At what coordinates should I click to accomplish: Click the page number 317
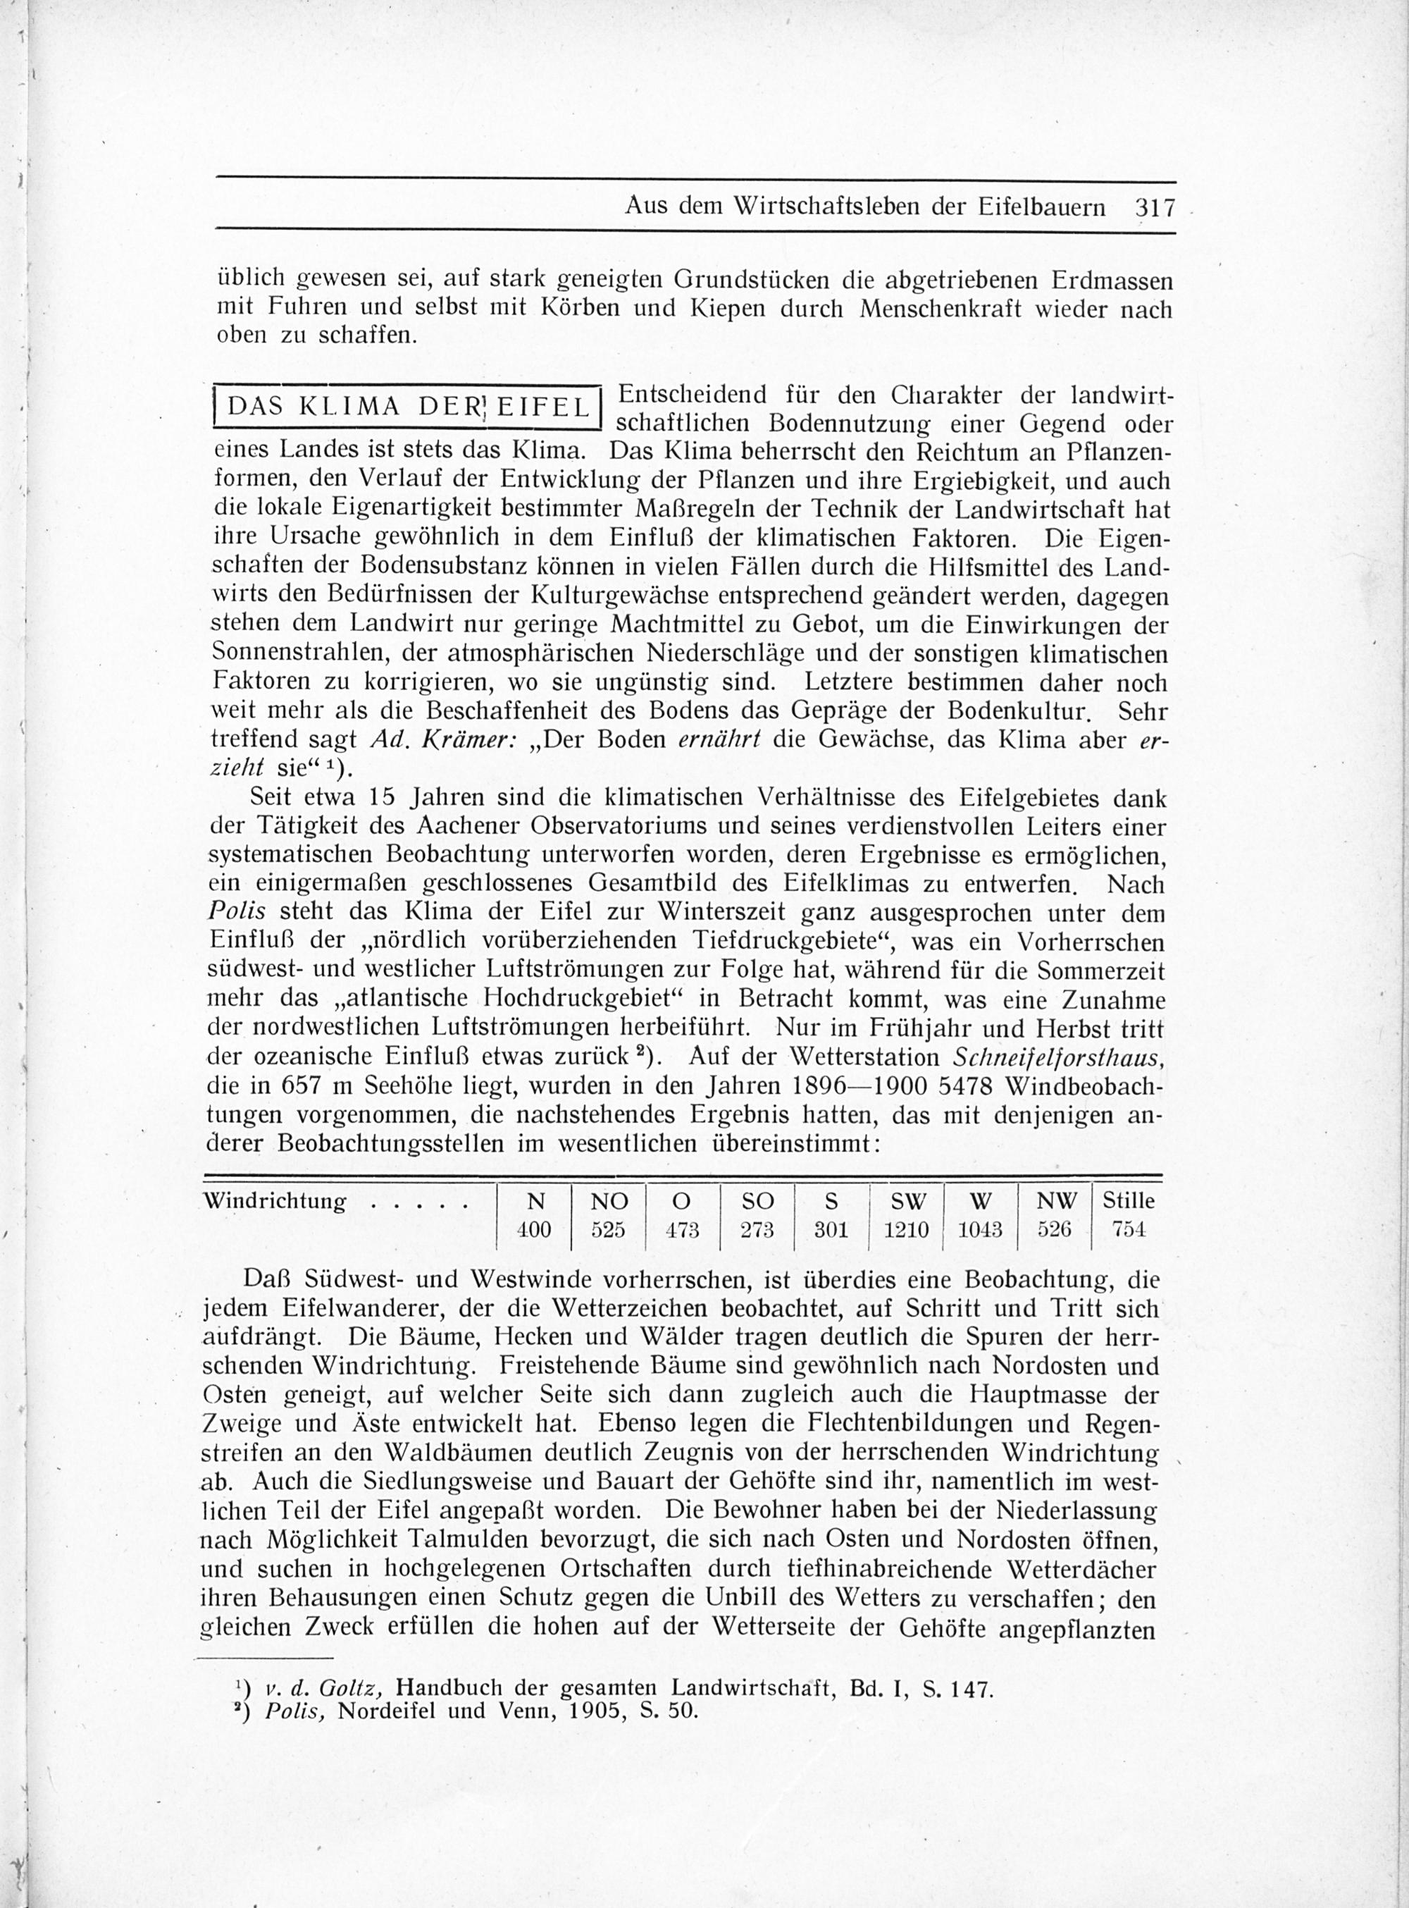(x=1154, y=207)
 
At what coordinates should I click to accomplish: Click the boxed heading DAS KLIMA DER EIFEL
(x=408, y=406)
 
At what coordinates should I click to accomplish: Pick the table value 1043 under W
(x=980, y=1230)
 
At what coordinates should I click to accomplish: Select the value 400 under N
(x=534, y=1230)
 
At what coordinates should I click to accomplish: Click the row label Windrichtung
(x=274, y=1202)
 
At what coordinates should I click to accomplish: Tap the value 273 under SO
(x=757, y=1230)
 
